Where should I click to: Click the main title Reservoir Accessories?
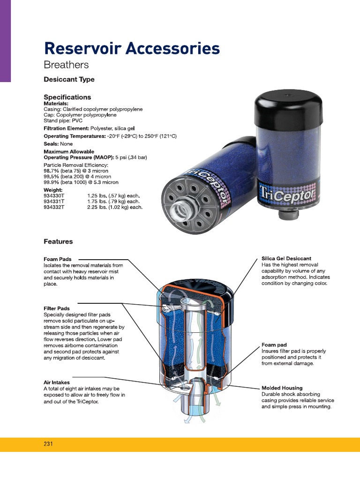pos(131,48)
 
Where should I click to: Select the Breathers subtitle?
pos(66,65)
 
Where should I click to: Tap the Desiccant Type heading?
pos(69,80)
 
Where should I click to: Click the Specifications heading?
pos(67,97)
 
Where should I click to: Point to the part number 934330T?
pos(55,195)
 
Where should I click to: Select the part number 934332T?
pos(55,207)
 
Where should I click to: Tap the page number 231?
pos(49,443)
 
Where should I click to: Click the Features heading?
pos(58,241)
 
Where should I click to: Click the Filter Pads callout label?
pos(57,308)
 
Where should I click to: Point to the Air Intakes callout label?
pos(57,382)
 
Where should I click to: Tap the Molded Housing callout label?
pos(282,388)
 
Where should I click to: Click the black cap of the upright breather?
pos(288,106)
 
